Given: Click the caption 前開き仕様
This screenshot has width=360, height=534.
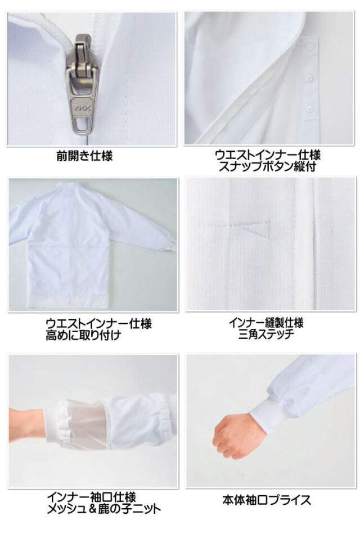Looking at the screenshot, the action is [84, 157].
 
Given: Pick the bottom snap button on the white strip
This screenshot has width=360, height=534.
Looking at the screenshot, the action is [309, 110].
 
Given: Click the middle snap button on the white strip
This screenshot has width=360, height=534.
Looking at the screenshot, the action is [309, 79].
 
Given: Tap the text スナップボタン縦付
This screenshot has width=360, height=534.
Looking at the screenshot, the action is [268, 167].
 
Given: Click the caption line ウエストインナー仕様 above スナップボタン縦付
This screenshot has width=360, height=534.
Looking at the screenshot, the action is [268, 155].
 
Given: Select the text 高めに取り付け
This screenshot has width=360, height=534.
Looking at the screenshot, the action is [83, 335].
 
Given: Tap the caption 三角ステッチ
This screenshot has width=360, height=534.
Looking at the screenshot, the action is [266, 334].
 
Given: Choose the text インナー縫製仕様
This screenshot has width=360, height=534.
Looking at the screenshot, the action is [266, 322].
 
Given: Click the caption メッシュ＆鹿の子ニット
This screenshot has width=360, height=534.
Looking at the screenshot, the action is [103, 509].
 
